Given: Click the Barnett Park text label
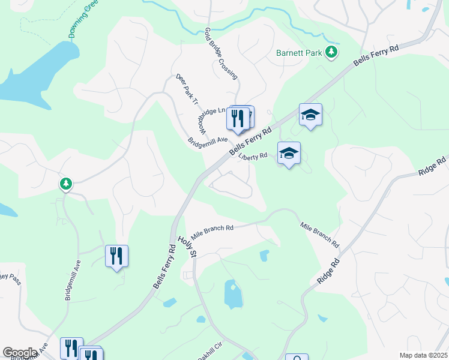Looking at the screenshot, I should (x=298, y=53).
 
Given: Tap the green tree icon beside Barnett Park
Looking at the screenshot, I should (x=331, y=53).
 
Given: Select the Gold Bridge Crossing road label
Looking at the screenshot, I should (x=221, y=54).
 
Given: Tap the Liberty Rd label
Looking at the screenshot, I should (x=253, y=156).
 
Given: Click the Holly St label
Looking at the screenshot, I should (x=187, y=247).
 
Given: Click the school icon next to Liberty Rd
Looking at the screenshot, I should (x=289, y=154).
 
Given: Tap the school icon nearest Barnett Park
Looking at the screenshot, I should (x=310, y=114).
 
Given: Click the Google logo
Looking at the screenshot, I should (x=20, y=353).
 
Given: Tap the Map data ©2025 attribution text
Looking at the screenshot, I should (x=423, y=355).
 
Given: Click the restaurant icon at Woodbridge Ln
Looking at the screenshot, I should (x=238, y=118).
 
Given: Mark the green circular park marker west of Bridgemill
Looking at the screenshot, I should (x=66, y=184).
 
